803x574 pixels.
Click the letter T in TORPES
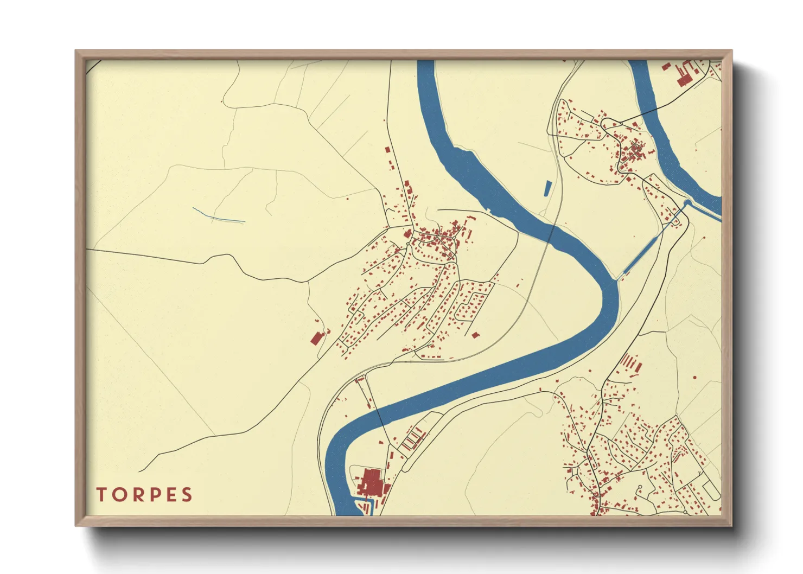101,495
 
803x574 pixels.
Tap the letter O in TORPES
118,495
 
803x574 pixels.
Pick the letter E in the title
170,495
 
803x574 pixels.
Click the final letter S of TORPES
187,495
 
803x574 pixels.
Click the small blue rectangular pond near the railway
547,188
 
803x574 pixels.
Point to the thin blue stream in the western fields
218,216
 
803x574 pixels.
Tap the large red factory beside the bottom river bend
372,482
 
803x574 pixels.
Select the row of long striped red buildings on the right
630,362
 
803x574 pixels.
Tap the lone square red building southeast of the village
475,335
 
